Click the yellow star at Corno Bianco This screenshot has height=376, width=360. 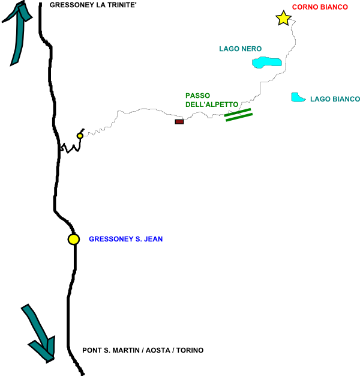click(283, 18)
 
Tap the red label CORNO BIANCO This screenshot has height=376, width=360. click(320, 7)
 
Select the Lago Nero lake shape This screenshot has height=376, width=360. click(266, 62)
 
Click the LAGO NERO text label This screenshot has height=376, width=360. click(240, 49)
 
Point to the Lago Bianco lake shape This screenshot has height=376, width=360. click(296, 97)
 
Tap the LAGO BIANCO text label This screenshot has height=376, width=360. click(335, 99)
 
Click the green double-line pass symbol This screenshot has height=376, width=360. click(238, 115)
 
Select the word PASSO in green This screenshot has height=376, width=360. click(197, 95)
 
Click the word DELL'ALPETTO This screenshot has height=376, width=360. click(211, 104)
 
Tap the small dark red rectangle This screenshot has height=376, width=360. click(179, 122)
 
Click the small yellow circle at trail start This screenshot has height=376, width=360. click(80, 136)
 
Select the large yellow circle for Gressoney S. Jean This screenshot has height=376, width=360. click(73, 239)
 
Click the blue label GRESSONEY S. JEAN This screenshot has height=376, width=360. click(125, 239)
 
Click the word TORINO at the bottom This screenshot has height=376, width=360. click(190, 350)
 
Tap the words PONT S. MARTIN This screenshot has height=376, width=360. click(110, 350)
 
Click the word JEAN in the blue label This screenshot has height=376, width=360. click(152, 239)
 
